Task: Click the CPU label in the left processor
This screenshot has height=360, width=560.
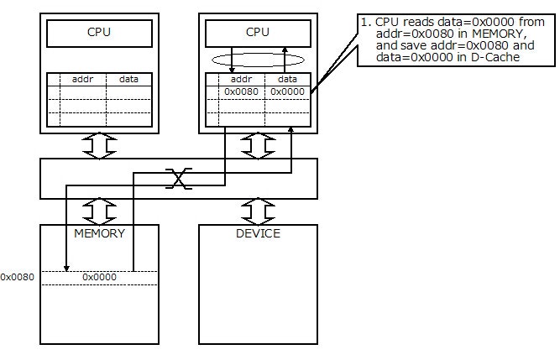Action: click(99, 33)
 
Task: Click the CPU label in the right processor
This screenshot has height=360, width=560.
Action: click(258, 33)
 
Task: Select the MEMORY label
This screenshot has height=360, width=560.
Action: click(99, 233)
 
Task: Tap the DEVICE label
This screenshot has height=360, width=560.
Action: click(258, 233)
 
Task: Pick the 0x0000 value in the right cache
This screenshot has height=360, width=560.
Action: click(288, 91)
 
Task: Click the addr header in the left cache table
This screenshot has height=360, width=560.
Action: click(82, 78)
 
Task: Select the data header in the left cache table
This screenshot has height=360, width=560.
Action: click(129, 78)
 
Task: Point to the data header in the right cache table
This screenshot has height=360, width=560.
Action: click(288, 78)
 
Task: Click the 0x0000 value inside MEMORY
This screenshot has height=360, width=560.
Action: click(99, 276)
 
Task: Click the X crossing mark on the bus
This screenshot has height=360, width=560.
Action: click(177, 178)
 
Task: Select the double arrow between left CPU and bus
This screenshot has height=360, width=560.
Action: click(99, 146)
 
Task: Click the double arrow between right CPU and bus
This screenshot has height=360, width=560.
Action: click(258, 146)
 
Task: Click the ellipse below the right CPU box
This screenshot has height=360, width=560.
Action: click(258, 60)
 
